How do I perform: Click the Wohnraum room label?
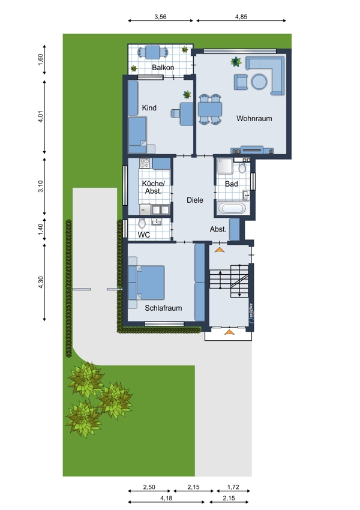tap(254, 118)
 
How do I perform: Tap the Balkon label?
tap(163, 67)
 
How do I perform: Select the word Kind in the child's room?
tap(149, 107)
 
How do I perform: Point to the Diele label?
tap(195, 200)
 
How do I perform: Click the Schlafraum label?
tap(163, 308)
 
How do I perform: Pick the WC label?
tap(144, 235)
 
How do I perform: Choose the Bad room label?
tap(231, 184)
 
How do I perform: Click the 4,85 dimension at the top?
tap(241, 17)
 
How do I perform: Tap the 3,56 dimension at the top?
tap(160, 17)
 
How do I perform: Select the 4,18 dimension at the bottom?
tap(166, 498)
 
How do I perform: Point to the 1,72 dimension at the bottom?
tap(233, 487)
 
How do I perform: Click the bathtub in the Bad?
tap(232, 208)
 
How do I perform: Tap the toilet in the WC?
tap(142, 223)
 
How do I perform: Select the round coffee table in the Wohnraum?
tap(259, 82)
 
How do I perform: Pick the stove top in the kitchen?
tap(144, 163)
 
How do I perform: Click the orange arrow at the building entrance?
tap(229, 332)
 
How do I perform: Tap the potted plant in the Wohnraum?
tap(236, 61)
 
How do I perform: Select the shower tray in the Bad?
tap(225, 166)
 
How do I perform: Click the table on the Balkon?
tap(152, 52)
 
